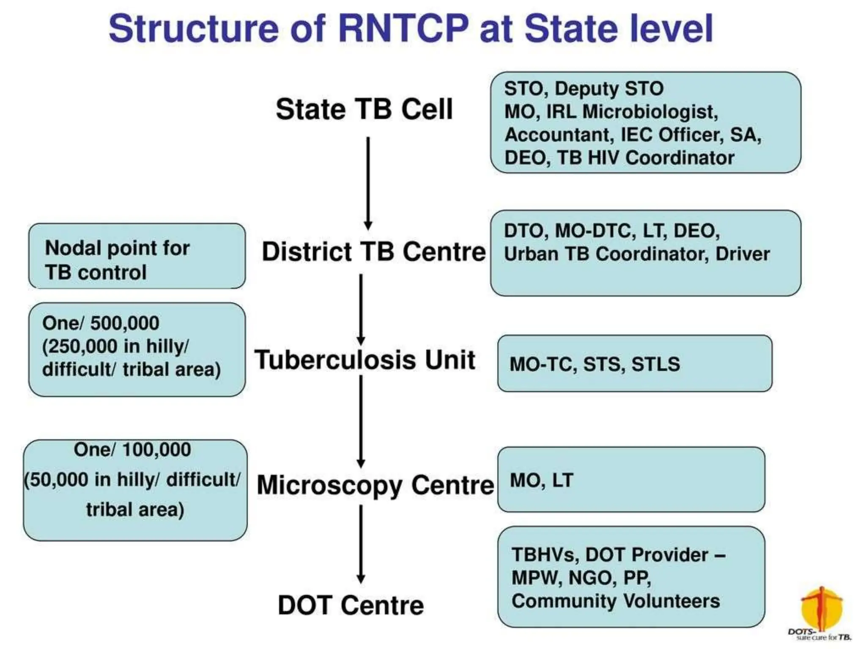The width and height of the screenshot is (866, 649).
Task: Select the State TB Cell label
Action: (x=364, y=109)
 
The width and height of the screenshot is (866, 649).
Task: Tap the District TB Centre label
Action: (x=374, y=252)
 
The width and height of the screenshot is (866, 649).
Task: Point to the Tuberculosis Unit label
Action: (x=364, y=360)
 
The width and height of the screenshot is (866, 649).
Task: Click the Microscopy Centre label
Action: (x=375, y=485)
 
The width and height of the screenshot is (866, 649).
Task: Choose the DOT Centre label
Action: (x=351, y=605)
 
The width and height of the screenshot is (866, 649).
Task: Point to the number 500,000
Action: (x=125, y=323)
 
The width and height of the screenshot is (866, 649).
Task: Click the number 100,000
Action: (x=156, y=450)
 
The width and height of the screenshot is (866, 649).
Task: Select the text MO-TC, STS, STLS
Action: (x=595, y=364)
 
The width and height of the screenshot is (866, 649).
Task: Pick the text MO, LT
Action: (x=541, y=480)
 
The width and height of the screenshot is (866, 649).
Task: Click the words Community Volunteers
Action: (x=615, y=601)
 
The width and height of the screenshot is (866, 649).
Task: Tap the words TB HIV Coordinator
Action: (x=646, y=158)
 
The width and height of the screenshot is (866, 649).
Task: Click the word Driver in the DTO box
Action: (x=743, y=254)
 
